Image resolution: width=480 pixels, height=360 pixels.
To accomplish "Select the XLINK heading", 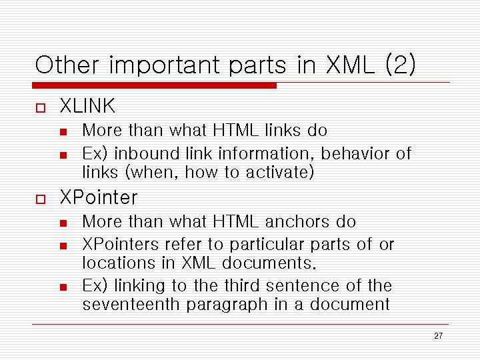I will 87,106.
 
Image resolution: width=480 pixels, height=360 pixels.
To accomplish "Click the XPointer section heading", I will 99,197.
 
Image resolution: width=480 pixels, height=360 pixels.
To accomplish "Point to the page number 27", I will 438,336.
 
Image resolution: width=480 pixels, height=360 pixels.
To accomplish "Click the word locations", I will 116,263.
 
